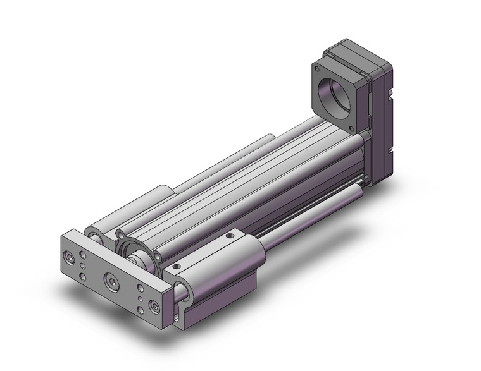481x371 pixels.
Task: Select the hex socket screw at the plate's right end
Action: tap(154, 308)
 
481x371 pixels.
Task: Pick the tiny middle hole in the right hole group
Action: tap(140, 296)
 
